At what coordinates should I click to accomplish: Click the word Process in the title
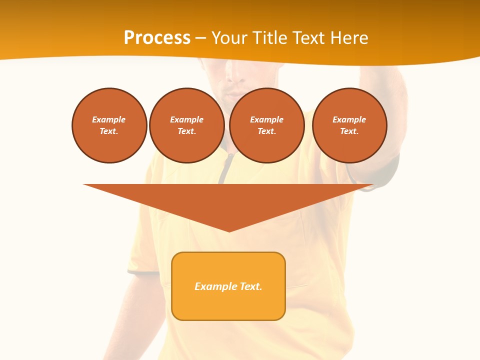tap(157, 37)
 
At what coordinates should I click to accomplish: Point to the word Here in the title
tap(348, 37)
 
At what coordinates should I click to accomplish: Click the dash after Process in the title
tap(200, 38)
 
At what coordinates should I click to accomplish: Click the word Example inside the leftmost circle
tap(109, 119)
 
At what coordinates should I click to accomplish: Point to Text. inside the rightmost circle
tap(349, 131)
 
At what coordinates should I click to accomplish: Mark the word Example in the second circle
tap(187, 119)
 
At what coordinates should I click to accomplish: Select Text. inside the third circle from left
tap(267, 131)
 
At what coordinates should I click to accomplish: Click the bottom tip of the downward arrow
tap(229, 230)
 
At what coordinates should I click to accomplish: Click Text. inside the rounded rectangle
tap(251, 286)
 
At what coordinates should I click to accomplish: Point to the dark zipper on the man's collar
tap(227, 168)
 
